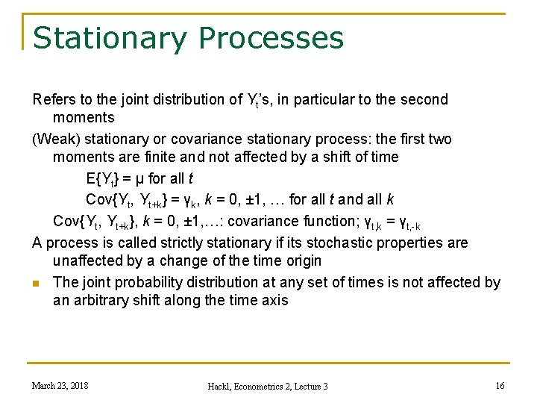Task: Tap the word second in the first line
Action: [x=423, y=99]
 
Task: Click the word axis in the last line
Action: [x=273, y=300]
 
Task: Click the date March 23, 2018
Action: [x=60, y=385]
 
